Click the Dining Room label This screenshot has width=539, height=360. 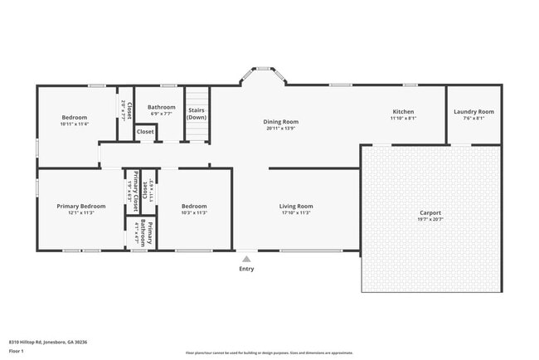tap(281, 122)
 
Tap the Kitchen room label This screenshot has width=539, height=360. tap(403, 112)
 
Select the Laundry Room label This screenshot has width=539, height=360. tap(473, 112)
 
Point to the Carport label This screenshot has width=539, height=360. tap(430, 212)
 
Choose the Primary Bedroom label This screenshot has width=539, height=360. tap(81, 206)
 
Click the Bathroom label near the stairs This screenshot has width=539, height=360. tap(162, 107)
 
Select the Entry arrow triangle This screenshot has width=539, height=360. tap(246, 259)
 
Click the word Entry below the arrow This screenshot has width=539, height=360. tap(246, 269)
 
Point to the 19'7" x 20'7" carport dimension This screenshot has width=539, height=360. tap(430, 219)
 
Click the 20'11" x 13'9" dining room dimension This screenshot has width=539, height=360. tap(281, 129)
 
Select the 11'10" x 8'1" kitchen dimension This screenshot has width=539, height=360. tap(403, 119)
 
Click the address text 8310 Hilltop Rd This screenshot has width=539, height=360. tap(37, 341)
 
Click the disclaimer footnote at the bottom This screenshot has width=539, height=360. tap(269, 353)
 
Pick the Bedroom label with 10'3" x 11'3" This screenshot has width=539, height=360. tap(194, 206)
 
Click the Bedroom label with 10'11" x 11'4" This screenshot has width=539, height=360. tap(75, 117)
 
